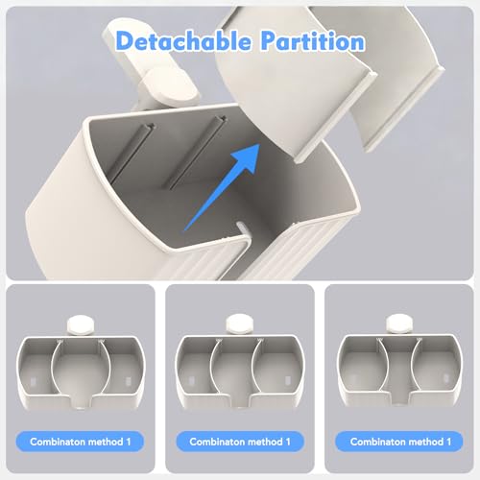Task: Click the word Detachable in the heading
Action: coord(183,41)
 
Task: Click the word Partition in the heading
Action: coord(312,41)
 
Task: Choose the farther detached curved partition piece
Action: coord(394,74)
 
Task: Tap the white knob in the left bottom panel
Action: coord(82,324)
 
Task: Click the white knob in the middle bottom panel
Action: coord(240,324)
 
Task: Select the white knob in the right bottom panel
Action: coord(399,324)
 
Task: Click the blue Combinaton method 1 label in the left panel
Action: coord(80,442)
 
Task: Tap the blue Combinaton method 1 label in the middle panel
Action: coord(240,442)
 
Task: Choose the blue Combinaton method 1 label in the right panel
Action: coord(399,442)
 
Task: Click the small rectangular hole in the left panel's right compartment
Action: coord(129,382)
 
